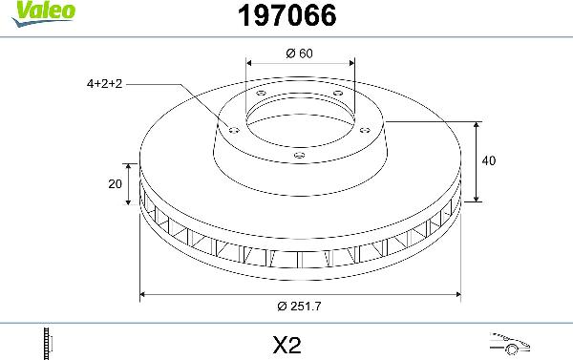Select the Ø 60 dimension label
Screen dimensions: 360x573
coord(299,53)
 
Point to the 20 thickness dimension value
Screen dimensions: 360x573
coord(115,184)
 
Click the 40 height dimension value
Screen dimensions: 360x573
coord(489,161)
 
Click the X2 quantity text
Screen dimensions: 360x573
coord(287,342)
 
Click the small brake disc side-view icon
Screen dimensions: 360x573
coord(47,342)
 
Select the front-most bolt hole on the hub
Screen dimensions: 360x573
coord(298,155)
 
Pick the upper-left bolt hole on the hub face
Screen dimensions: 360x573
coord(261,93)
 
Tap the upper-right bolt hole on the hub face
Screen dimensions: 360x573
coord(335,93)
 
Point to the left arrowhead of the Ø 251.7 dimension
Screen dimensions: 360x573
coord(143,295)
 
